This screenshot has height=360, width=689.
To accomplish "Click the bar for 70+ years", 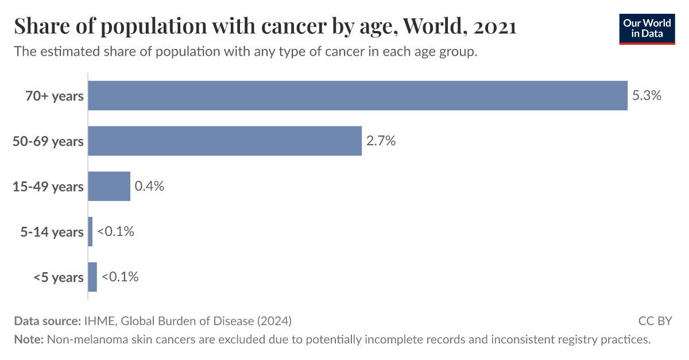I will tap(357, 95).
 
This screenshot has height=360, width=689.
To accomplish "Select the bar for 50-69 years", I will tap(224, 141).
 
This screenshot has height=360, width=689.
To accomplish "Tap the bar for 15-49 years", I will tap(109, 186).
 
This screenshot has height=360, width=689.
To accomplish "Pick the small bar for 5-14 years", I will tap(90, 231).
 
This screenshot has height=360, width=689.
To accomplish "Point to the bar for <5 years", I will tap(92, 277).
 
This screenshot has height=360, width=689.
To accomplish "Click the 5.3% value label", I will tap(647, 95).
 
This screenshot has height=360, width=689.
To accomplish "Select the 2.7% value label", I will tap(381, 141).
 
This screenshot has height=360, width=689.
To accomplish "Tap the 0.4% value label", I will tap(149, 186).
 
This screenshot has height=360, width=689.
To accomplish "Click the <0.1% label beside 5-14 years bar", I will tap(115, 231).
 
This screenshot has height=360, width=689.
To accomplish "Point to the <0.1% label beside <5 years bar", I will tap(120, 277).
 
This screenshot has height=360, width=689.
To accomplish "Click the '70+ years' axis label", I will tap(55, 96).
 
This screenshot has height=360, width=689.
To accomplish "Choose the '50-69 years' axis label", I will tap(48, 141).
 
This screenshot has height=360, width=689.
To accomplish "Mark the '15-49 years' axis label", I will tap(48, 187).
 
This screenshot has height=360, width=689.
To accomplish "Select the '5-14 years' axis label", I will tap(52, 232).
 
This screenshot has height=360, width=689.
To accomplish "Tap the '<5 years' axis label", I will tap(58, 277).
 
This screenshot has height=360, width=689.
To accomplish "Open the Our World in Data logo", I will tap(647, 29).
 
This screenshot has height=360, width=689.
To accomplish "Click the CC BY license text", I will tap(655, 320).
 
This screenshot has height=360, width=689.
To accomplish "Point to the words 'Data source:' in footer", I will tap(47, 320).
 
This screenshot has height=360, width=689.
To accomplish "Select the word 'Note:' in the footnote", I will tap(29, 339).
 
